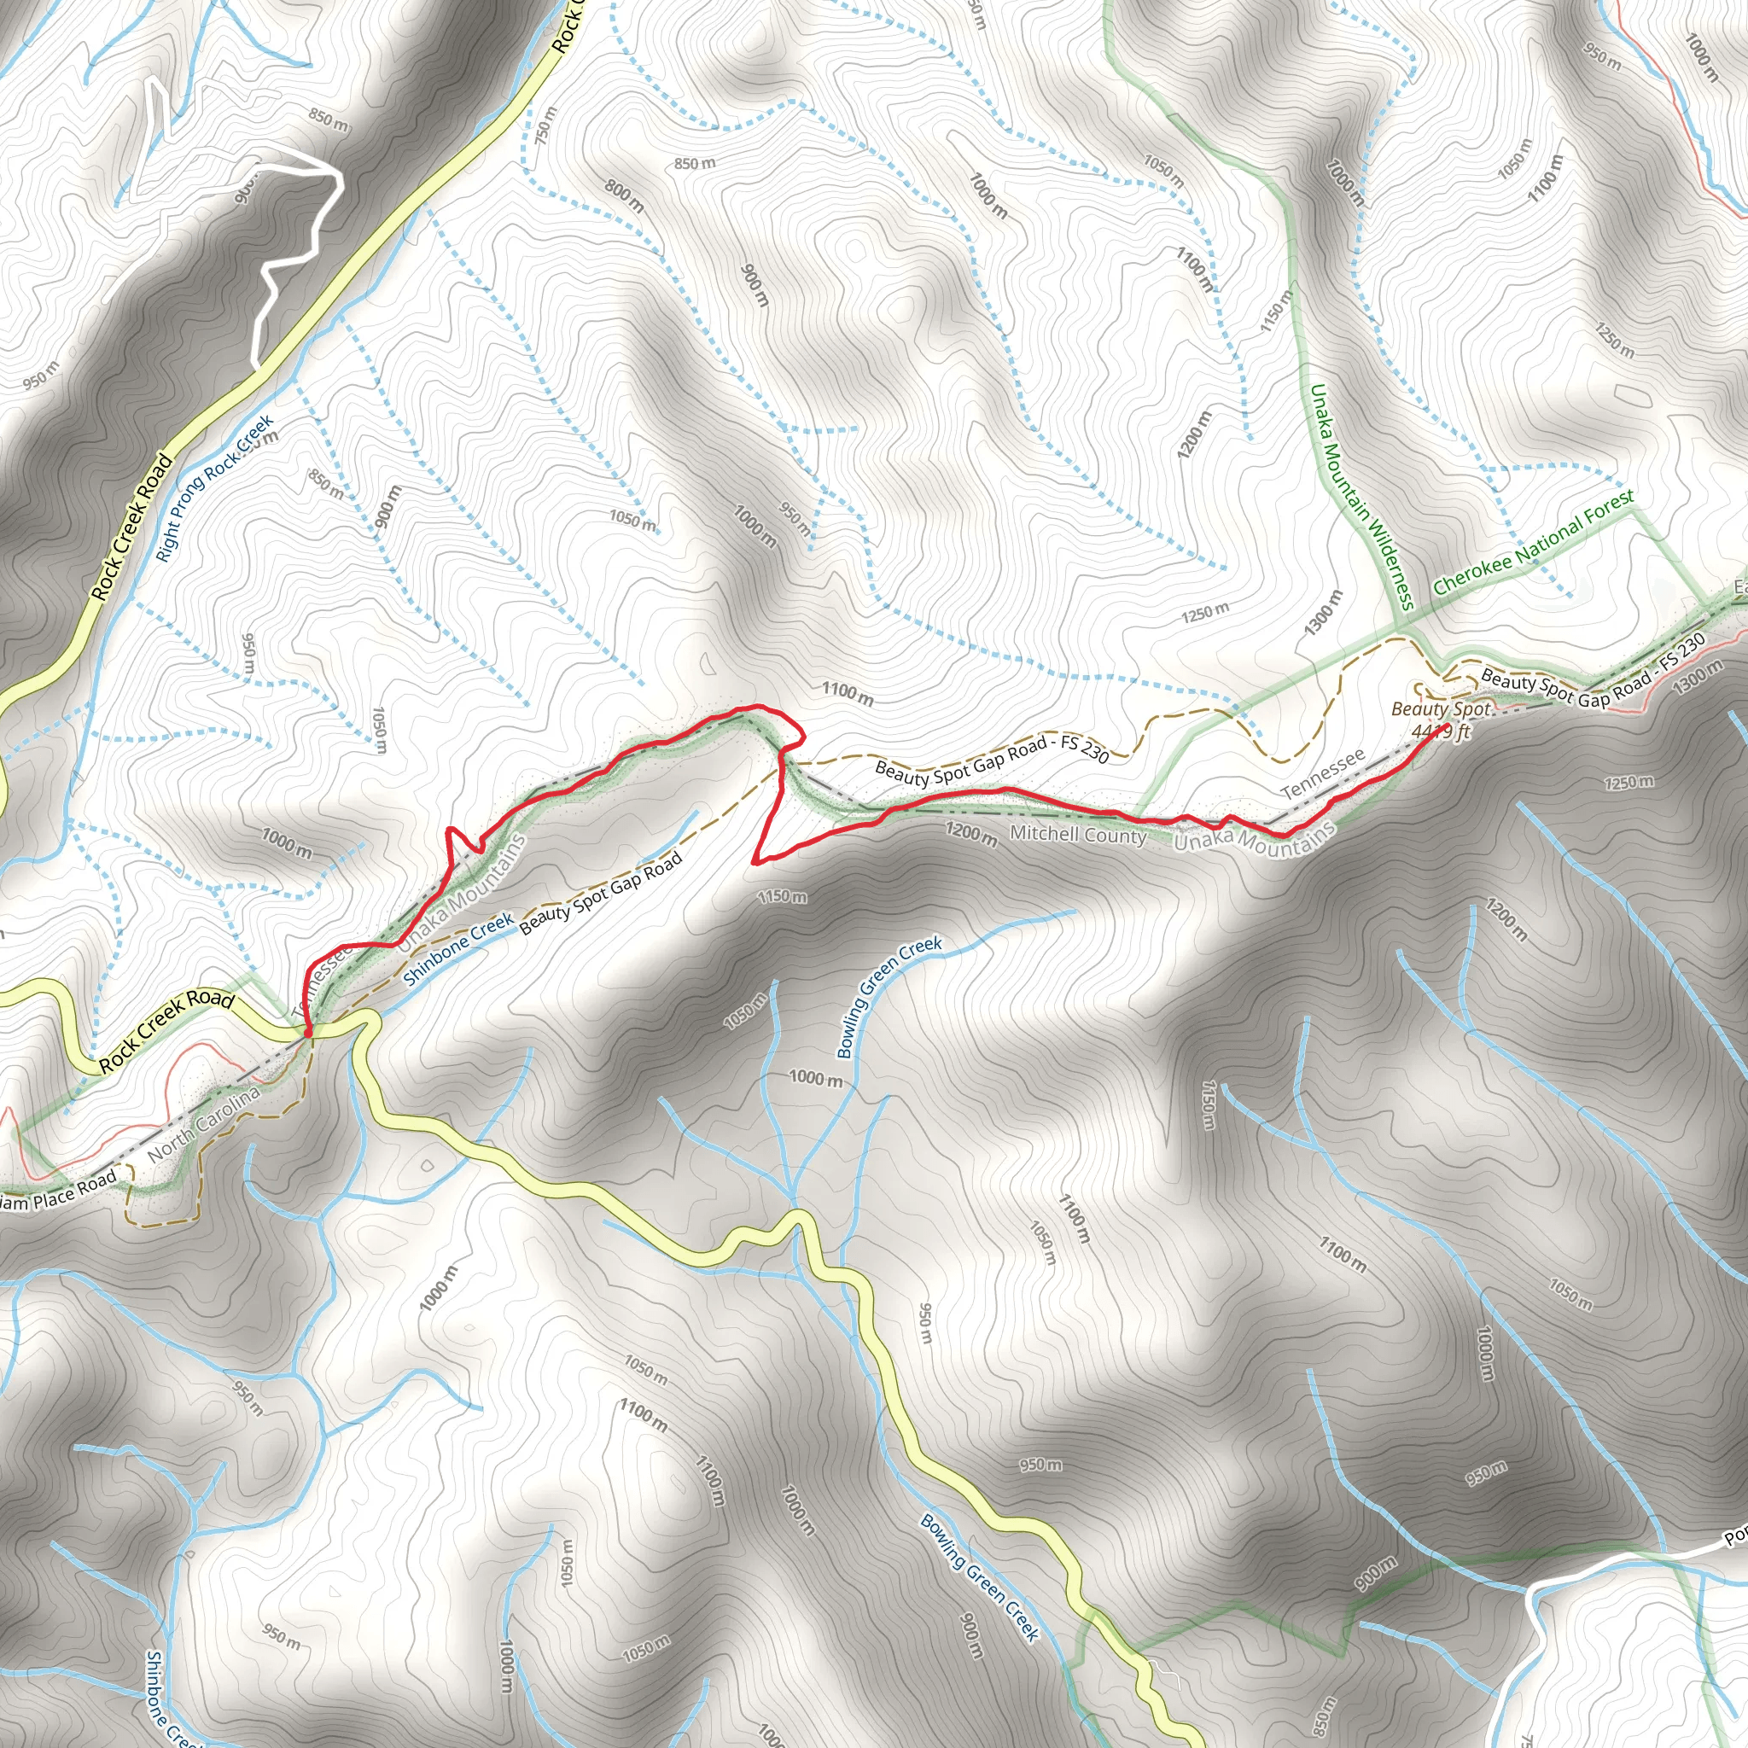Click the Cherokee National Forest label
tap(1534, 542)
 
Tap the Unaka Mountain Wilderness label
tap(1361, 497)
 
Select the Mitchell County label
tap(1078, 833)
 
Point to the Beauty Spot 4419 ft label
tap(1441, 720)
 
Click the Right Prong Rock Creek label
tap(214, 487)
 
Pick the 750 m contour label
tap(546, 126)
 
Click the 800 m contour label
tap(624, 196)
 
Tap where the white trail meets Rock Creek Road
tap(259, 365)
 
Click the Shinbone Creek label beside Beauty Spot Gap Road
tap(457, 949)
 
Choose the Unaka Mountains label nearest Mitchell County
tap(1254, 839)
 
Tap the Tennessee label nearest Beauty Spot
tap(1323, 773)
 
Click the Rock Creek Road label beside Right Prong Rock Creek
tap(132, 527)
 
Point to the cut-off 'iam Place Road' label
tap(60, 1192)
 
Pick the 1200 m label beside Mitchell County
tap(970, 833)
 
